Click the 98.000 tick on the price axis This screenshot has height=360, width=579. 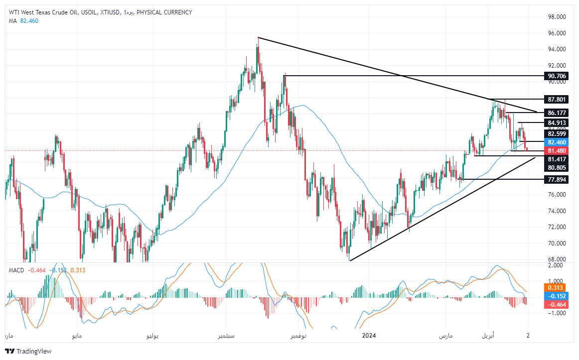(x=557, y=17)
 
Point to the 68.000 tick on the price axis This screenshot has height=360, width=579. (x=557, y=259)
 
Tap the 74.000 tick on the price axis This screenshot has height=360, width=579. (x=557, y=211)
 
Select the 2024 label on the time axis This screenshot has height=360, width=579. (x=369, y=336)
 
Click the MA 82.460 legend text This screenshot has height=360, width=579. (x=23, y=20)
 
